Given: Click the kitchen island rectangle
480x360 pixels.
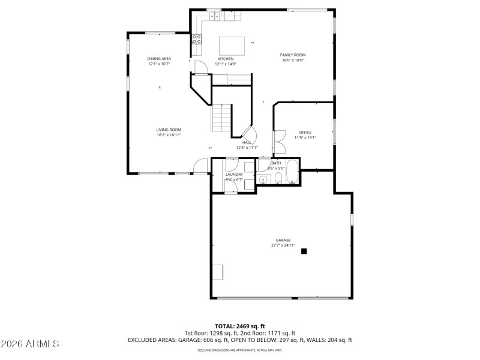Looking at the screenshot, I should [x=233, y=46].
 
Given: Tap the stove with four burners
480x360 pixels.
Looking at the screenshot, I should [x=196, y=40].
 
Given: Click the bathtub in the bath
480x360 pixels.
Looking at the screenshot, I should [x=292, y=172].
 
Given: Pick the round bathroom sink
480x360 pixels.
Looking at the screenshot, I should [x=264, y=179].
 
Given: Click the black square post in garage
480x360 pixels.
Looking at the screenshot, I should [x=304, y=251].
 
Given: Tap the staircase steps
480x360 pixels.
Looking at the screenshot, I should [x=221, y=118].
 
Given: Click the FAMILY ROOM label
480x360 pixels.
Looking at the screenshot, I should [x=293, y=55].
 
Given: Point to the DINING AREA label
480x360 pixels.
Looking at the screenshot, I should [x=159, y=58].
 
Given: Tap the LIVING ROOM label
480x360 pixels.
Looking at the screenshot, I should [x=169, y=130].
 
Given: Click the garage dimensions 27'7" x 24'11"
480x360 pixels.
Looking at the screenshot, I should [x=283, y=245].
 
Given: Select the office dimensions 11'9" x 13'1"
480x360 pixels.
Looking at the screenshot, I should [x=305, y=137].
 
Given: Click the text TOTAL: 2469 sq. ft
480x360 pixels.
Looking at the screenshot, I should [x=239, y=326].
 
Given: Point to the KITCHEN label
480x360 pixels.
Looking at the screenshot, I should [x=225, y=58].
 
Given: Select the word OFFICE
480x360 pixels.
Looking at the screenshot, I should [x=305, y=132].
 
